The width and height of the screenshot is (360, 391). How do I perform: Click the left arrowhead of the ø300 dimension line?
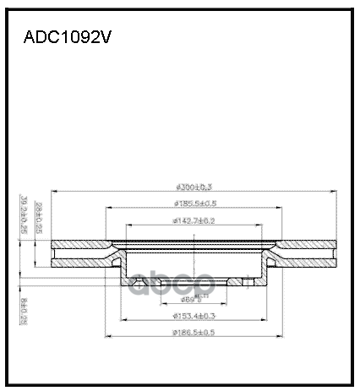(x=53, y=193)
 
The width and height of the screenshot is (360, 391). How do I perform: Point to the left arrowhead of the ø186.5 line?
(x=106, y=338)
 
